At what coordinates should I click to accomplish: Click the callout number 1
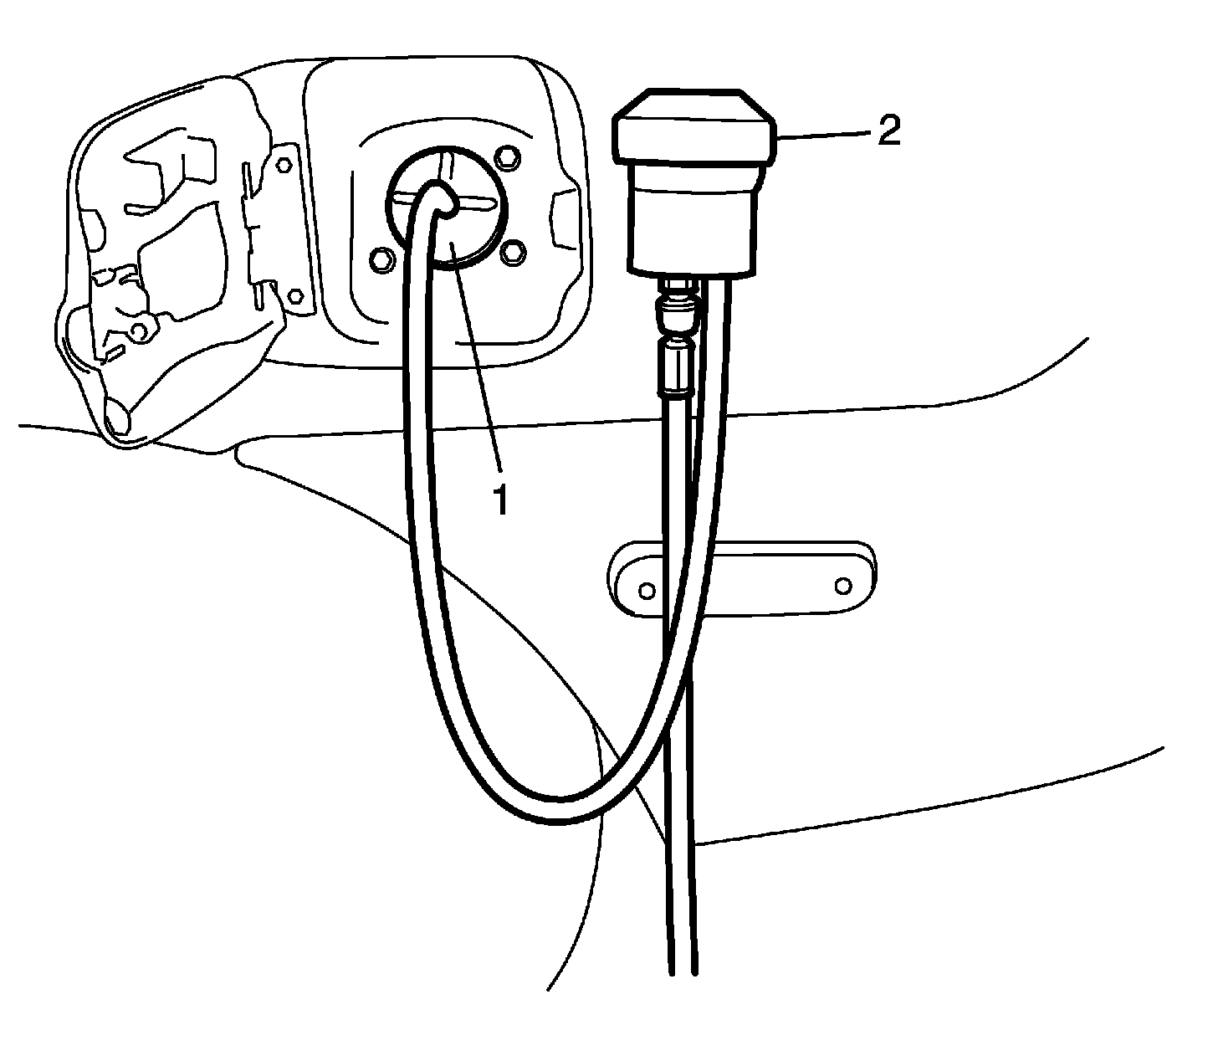point(499,500)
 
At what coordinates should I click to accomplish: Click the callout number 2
point(888,131)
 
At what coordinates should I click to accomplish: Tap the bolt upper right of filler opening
point(505,157)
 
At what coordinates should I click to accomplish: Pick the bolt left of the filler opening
point(381,258)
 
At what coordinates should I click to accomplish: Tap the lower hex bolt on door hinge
point(294,296)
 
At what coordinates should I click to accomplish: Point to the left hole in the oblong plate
point(646,591)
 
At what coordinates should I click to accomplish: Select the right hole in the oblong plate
point(843,583)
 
